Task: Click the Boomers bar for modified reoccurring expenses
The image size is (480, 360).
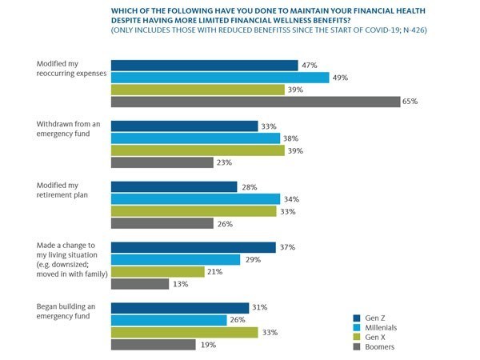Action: click(254, 102)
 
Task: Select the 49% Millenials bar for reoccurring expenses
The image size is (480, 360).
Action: click(219, 78)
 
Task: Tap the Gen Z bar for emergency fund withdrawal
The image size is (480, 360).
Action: click(184, 126)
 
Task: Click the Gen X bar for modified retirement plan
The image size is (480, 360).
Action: click(192, 211)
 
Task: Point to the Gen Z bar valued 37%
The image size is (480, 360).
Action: click(192, 247)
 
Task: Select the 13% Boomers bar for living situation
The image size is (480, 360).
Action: click(139, 283)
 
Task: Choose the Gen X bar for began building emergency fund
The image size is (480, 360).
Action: click(184, 332)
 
